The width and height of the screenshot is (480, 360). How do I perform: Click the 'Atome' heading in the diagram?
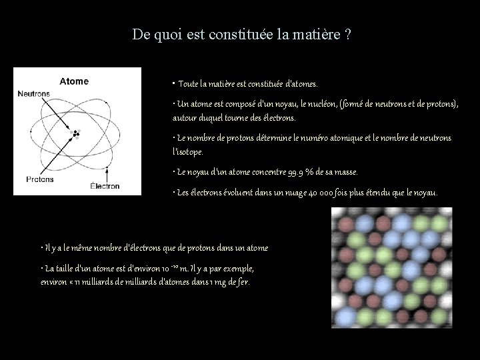[74, 81]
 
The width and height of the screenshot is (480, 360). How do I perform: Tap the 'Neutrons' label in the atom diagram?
[34, 94]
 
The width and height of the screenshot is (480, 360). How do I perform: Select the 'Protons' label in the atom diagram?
[40, 179]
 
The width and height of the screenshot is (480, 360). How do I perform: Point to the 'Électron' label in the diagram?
[105, 186]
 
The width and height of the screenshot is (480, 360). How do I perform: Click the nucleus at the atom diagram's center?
[76, 134]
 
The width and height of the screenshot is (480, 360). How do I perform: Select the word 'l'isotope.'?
[189, 151]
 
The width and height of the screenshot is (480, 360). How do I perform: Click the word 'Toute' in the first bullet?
[189, 85]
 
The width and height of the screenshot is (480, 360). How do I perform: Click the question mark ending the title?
[349, 35]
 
